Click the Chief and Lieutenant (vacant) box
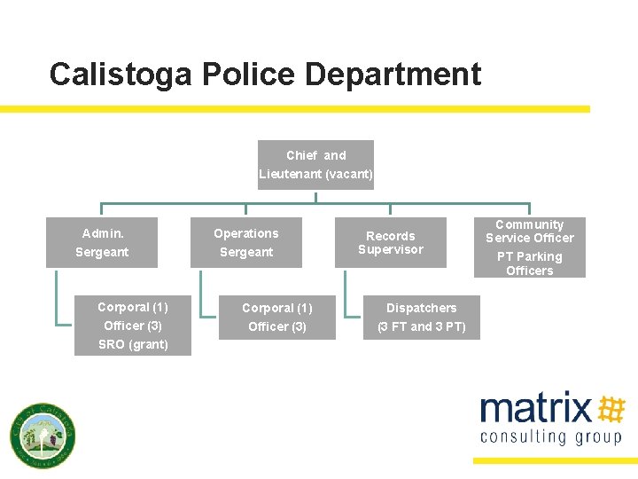315,165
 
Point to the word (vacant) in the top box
349,175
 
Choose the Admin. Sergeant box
102,242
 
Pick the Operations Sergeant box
246,242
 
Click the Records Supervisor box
390,242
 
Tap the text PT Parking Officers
529,263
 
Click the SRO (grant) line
133,345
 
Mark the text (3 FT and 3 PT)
421,327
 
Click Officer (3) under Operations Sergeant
276,327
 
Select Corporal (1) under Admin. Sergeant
133,308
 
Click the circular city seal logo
42,436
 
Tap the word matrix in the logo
535,409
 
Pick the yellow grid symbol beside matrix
611,409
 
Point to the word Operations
245,233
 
